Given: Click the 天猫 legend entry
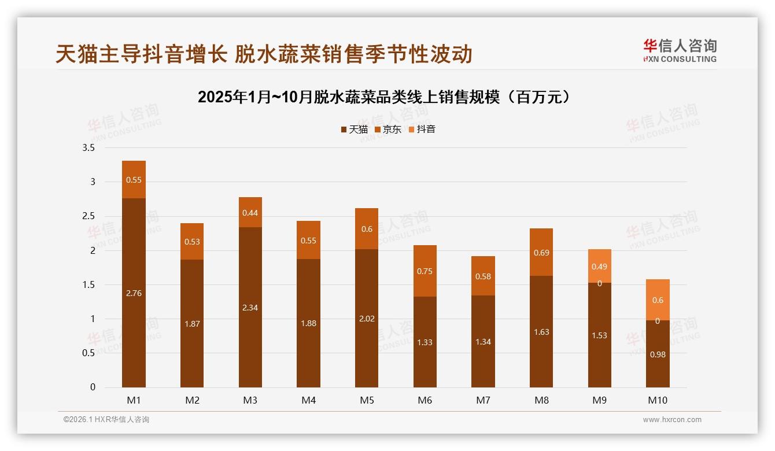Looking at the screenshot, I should point(354,129).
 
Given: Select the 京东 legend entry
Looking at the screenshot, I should point(387,129).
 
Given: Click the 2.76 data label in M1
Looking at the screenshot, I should point(134,293).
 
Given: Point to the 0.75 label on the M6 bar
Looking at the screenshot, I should point(425,271).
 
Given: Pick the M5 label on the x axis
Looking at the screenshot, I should point(367,400).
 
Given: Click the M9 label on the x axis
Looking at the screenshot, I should point(600,400).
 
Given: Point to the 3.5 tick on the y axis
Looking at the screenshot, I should point(88,148).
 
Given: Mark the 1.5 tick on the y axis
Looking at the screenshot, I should point(88,284).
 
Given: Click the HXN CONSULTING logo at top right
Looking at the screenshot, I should point(680,51).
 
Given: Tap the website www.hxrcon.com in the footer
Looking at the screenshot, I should point(672,420).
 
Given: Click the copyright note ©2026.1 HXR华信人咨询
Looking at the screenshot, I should point(106,420).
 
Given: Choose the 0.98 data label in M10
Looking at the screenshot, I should point(658,354).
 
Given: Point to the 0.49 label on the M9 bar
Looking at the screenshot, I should point(600,267).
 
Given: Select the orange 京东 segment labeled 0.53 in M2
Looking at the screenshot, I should point(192,242).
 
